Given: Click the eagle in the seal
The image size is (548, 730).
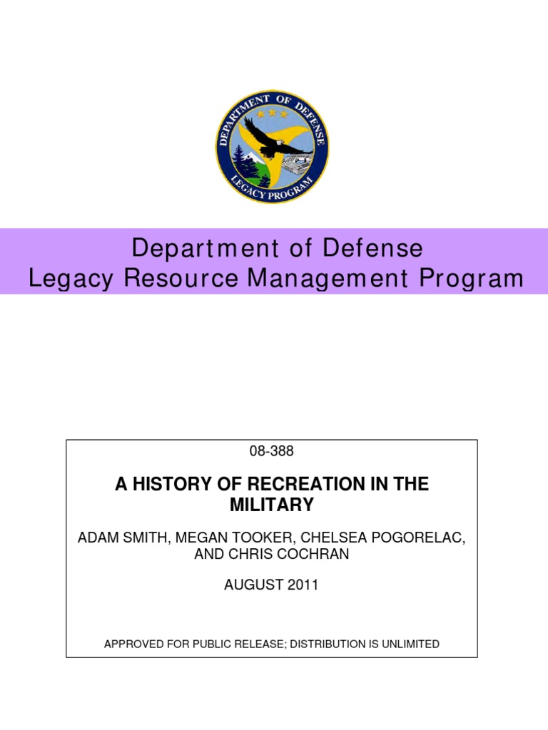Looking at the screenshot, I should coord(275,142).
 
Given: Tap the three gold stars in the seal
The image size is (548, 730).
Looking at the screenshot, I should coord(273,113).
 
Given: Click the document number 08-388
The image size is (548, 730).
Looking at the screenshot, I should coord(272,451).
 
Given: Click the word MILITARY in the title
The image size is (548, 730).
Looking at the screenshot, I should coord(272,505).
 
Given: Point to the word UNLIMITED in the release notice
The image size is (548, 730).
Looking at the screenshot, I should coord(407,644).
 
